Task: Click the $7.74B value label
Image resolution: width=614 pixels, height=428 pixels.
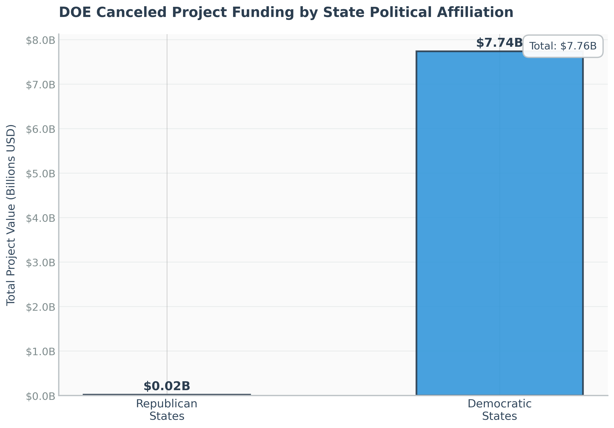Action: tap(499, 43)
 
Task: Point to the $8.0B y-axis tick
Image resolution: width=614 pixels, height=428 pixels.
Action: tap(40, 41)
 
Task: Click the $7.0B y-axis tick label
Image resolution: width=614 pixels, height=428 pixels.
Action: tap(40, 85)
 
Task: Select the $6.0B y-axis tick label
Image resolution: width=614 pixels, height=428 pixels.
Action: tap(40, 129)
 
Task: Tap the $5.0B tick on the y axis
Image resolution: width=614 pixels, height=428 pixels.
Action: tap(40, 174)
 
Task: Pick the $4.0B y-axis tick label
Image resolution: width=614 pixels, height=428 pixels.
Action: tap(40, 218)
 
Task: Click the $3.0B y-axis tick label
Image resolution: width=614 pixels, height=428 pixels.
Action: tap(40, 263)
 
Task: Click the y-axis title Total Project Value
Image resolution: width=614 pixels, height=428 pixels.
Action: tap(11, 215)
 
